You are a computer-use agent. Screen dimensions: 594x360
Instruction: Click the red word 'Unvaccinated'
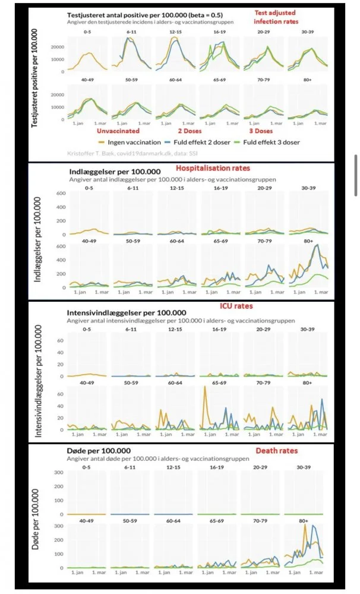click(x=118, y=130)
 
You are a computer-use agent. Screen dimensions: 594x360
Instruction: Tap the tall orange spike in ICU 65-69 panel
click(x=205, y=388)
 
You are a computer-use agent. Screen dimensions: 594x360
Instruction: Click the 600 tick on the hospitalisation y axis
click(x=59, y=193)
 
